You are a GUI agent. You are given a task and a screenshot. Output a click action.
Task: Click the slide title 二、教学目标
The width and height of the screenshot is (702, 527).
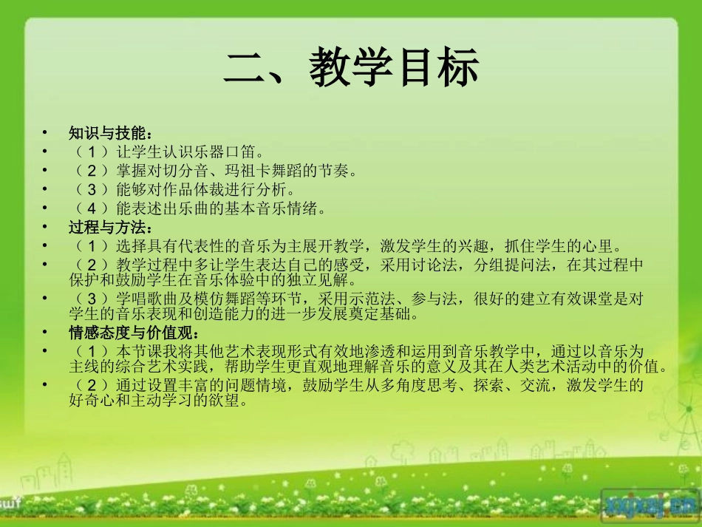[x=352, y=68]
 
